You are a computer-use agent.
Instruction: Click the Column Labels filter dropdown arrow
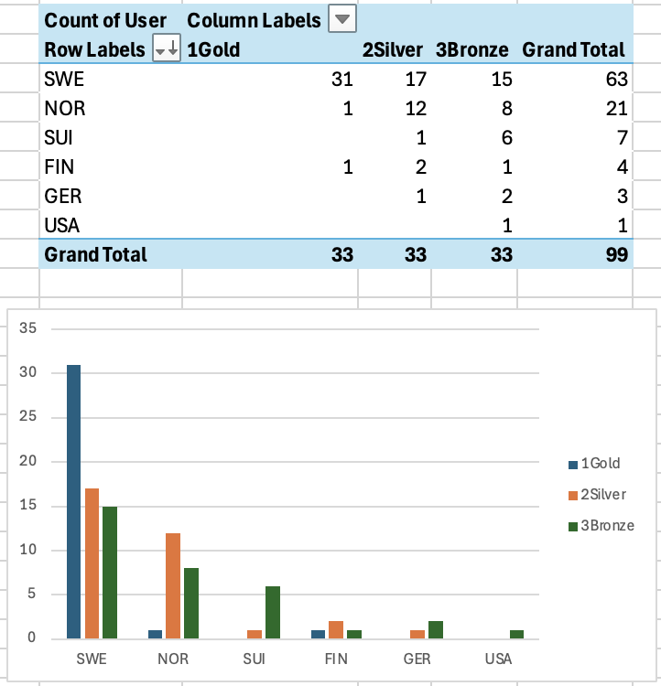click(343, 19)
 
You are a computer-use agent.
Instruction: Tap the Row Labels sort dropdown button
click(167, 50)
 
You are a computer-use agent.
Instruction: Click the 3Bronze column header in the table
click(472, 50)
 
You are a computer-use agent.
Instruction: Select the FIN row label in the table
click(60, 167)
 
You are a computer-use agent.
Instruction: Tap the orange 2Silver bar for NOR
click(173, 585)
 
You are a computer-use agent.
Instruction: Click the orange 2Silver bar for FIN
click(336, 629)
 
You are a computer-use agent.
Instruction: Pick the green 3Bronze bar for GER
click(435, 629)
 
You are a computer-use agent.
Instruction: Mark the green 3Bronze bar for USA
click(517, 634)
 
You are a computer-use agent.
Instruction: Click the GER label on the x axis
click(417, 659)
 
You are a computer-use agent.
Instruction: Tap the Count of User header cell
click(105, 20)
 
